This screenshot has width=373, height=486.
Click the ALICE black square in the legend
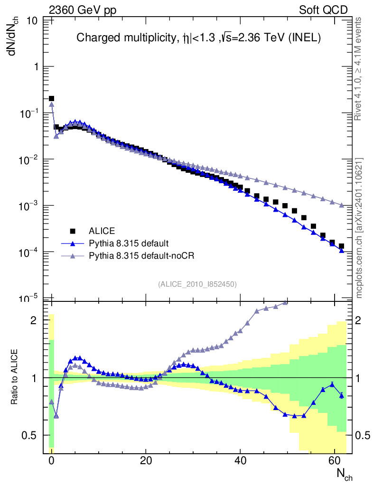point(73,231)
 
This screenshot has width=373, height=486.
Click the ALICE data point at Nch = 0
point(52,99)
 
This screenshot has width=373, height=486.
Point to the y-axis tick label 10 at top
point(33,21)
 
